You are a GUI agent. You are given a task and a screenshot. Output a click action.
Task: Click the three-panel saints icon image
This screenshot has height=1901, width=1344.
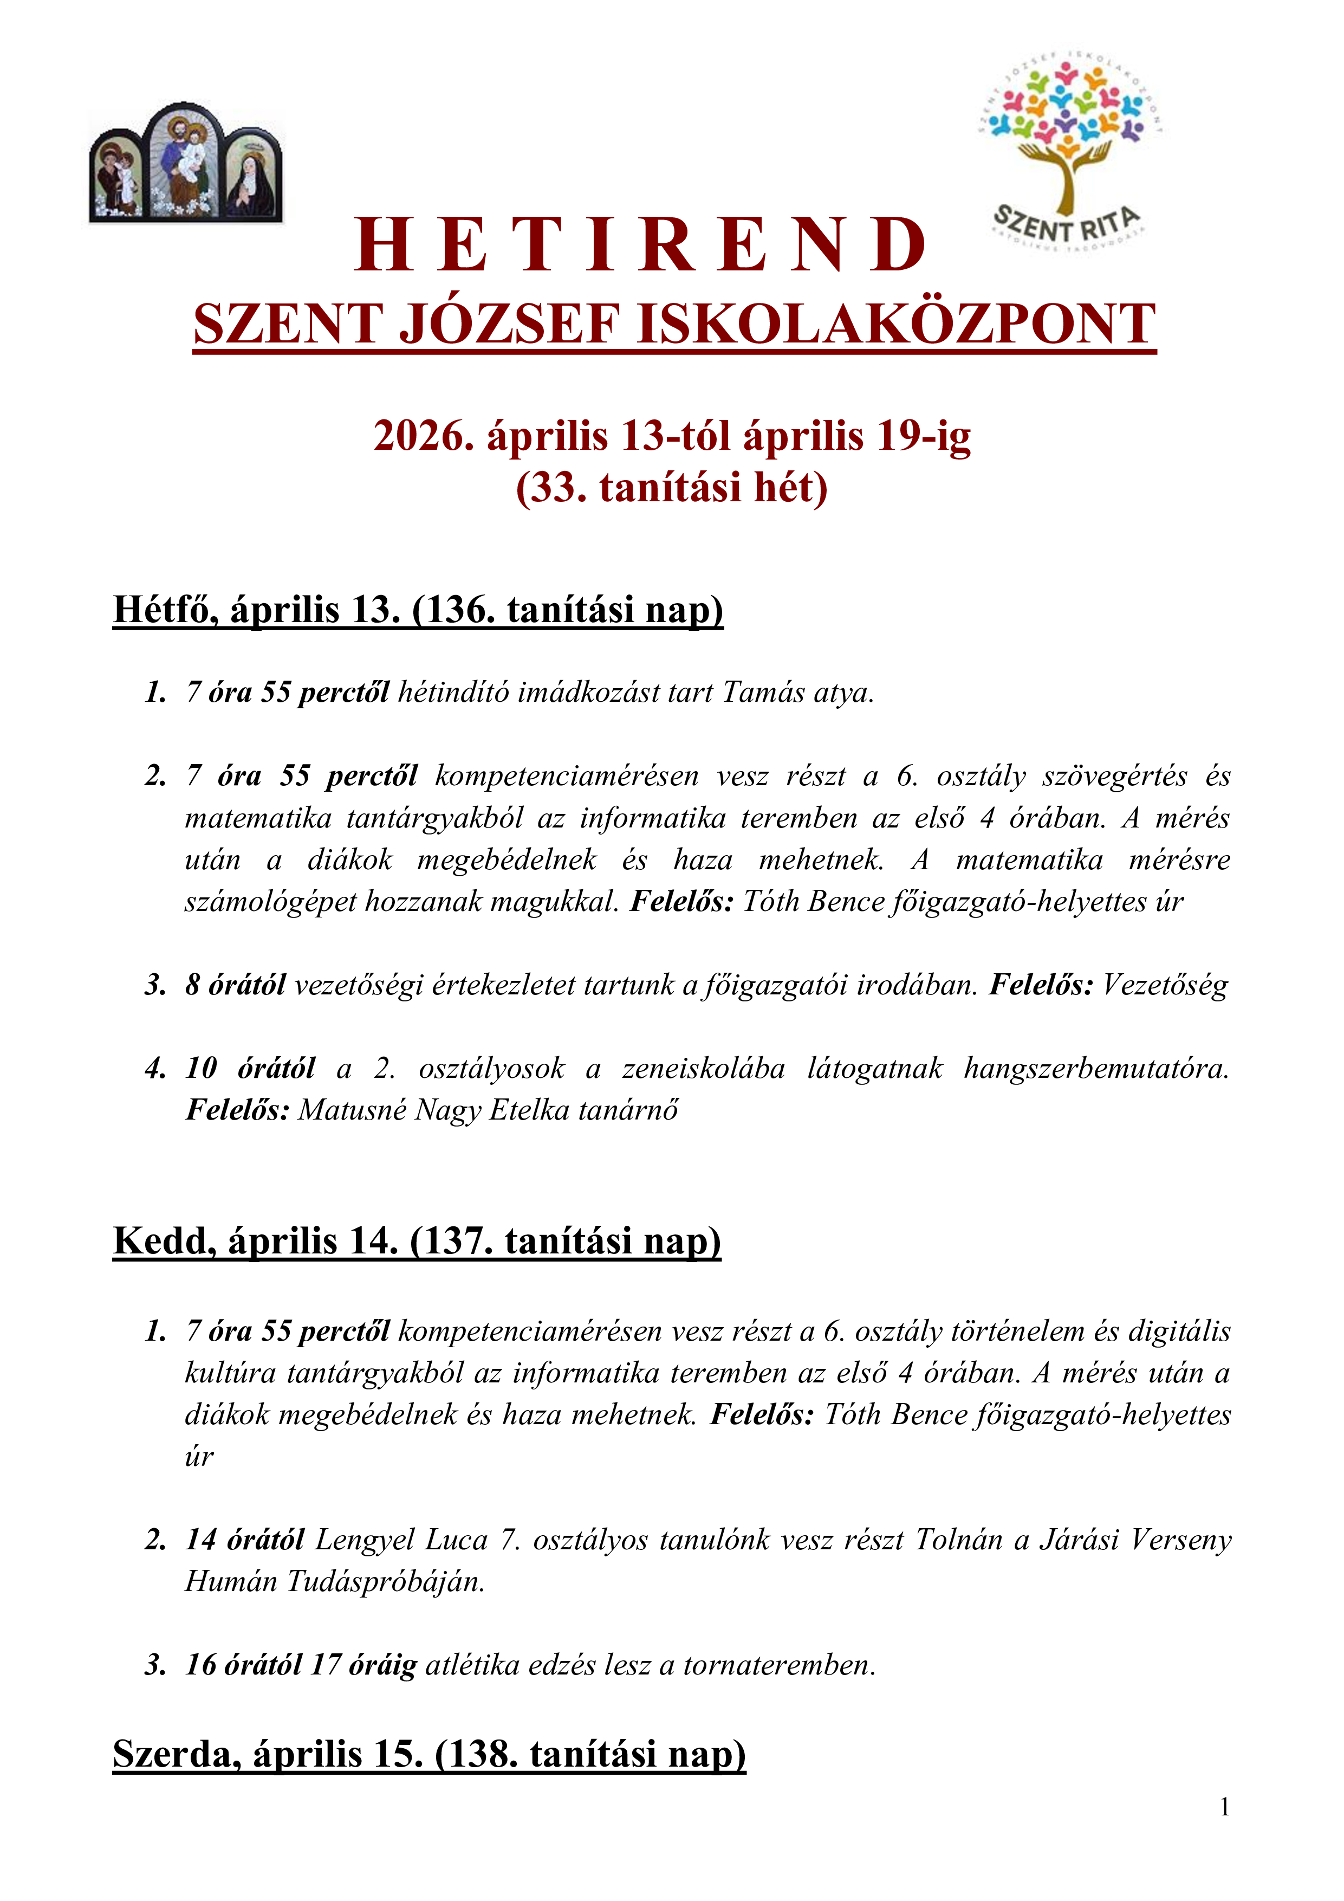click(186, 163)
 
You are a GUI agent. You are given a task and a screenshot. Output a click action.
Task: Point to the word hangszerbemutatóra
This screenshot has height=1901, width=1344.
click(1096, 1069)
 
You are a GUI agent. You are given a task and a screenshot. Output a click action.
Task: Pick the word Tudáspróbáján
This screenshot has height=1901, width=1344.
click(386, 1581)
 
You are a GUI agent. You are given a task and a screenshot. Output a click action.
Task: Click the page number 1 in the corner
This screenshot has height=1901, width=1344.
click(1225, 1807)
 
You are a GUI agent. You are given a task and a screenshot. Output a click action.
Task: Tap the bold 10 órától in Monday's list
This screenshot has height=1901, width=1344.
click(250, 1069)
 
